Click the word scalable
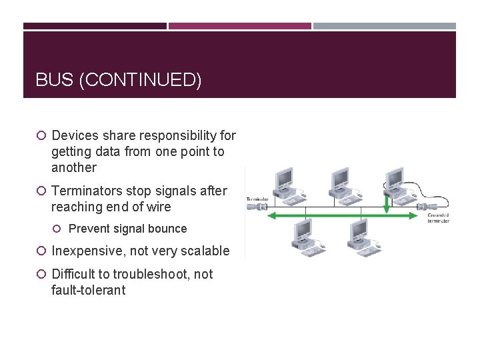tap(204, 251)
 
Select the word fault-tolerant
tap(88, 290)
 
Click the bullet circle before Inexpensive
tap(41, 251)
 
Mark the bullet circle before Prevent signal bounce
tap(58, 229)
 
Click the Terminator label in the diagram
tap(257, 199)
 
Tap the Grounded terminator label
tap(439, 218)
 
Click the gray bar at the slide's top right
tap(385, 26)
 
